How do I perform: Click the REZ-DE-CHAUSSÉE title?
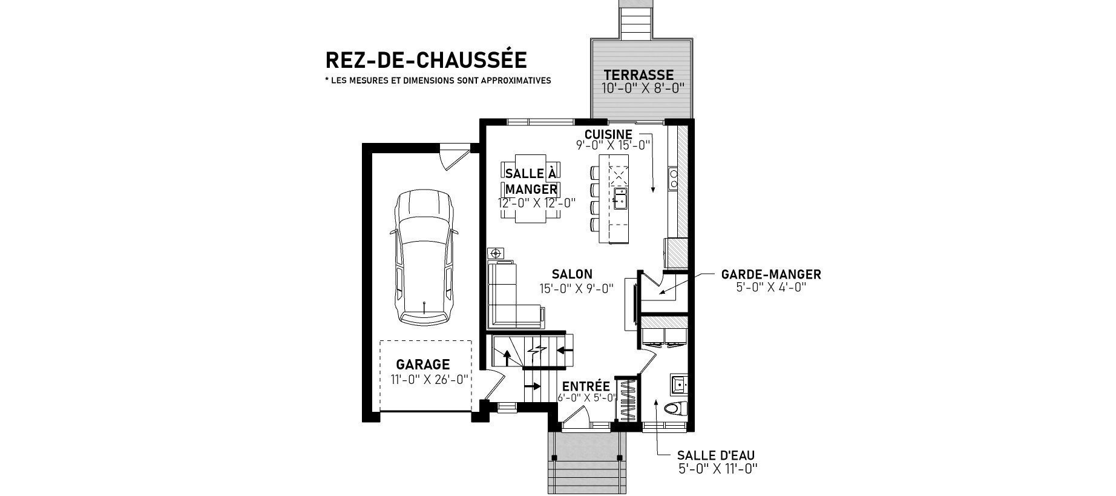[x=426, y=59]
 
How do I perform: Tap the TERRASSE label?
[x=638, y=75]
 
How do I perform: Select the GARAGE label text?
[x=423, y=365]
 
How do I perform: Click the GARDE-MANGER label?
[x=771, y=274]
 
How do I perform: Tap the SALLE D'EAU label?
[x=716, y=455]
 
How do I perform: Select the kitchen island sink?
[x=620, y=199]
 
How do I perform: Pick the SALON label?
[x=572, y=274]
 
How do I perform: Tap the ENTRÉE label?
[x=586, y=386]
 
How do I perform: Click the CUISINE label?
[x=608, y=134]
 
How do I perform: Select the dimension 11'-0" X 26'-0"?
[x=430, y=380]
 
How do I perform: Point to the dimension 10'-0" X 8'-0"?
[x=643, y=88]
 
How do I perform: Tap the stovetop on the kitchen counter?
[x=674, y=179]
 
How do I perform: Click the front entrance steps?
[x=586, y=463]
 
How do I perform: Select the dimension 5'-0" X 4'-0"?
[x=771, y=287]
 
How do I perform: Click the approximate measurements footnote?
[x=438, y=81]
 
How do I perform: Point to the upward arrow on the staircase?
[x=507, y=357]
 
